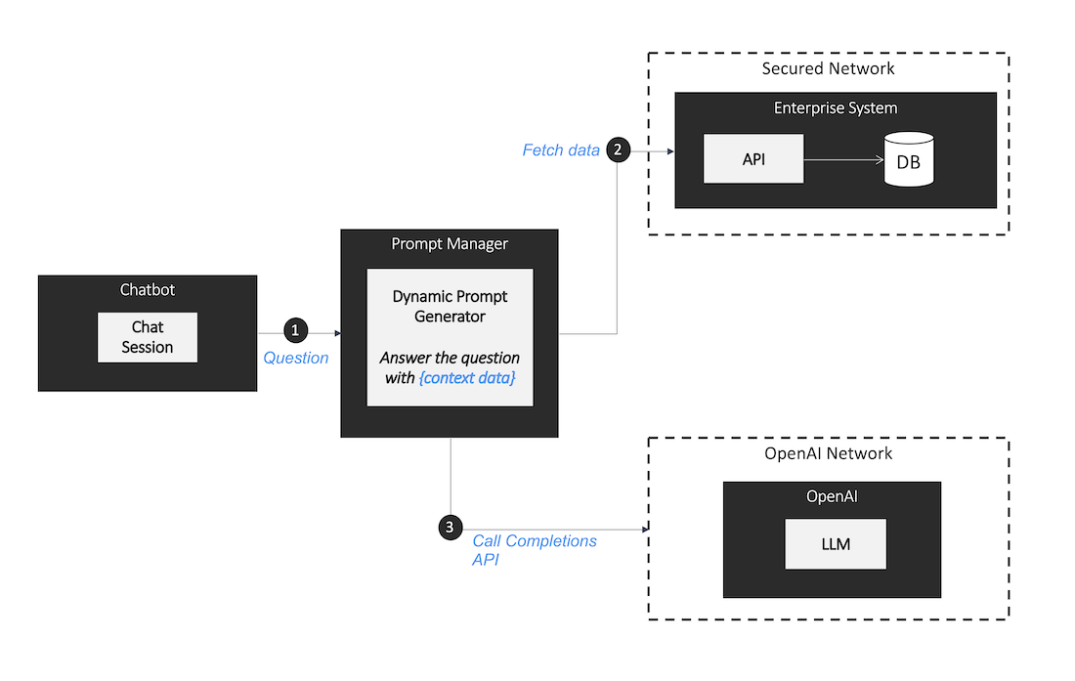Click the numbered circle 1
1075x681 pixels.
(295, 332)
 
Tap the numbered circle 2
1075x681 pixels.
(618, 149)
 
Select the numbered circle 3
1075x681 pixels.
(450, 528)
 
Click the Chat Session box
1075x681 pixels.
(148, 337)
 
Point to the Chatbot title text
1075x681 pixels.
(148, 289)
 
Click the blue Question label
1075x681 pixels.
(296, 359)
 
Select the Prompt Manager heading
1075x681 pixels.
(450, 243)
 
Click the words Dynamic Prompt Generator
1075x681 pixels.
(450, 306)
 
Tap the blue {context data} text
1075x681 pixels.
(466, 377)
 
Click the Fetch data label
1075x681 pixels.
(561, 150)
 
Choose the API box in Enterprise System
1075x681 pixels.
(753, 158)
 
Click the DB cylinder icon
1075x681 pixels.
(908, 159)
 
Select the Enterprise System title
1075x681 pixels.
(836, 107)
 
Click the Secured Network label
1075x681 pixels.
(828, 68)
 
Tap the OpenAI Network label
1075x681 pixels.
(828, 453)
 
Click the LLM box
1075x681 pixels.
(836, 544)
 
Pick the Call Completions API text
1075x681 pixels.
(534, 550)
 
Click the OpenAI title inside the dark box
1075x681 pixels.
(832, 496)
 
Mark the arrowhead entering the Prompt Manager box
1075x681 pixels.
(336, 333)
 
